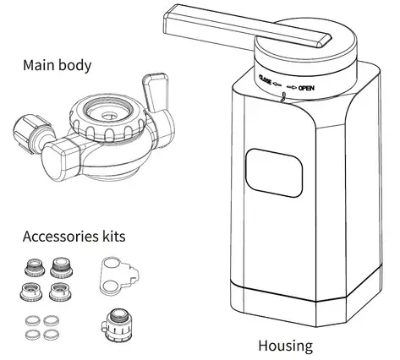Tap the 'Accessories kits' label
75,236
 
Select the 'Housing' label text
284,346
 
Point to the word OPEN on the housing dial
308,87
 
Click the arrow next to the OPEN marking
292,86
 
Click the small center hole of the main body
108,112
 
